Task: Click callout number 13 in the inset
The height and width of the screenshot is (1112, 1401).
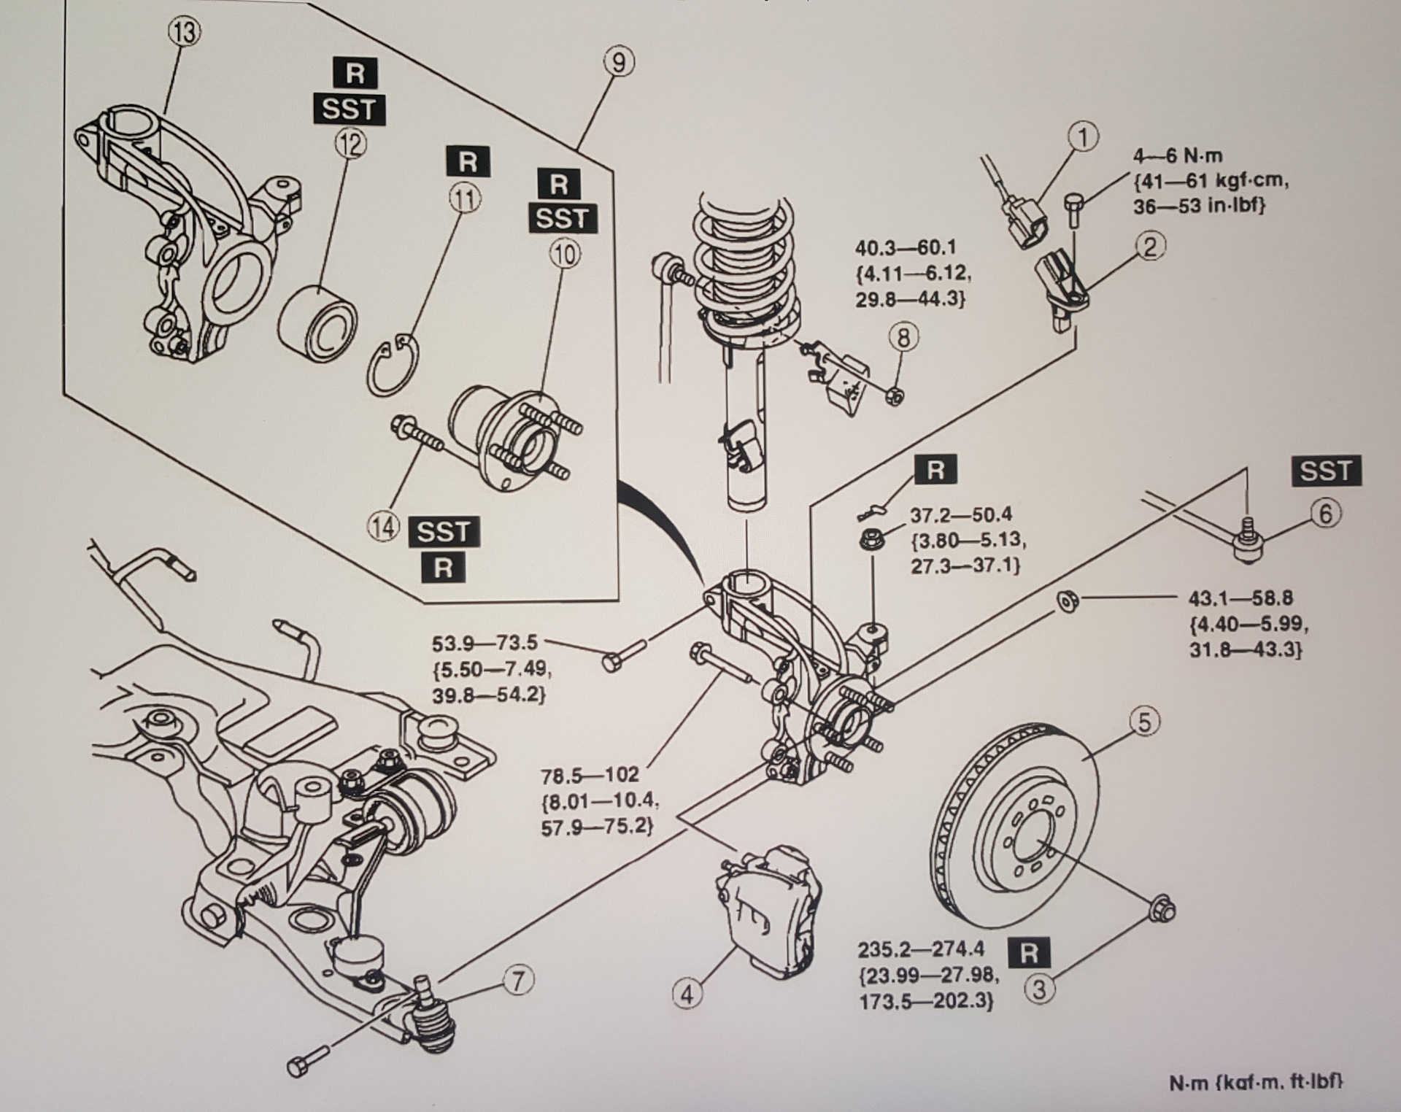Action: (x=185, y=34)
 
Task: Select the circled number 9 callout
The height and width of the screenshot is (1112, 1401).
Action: (x=618, y=63)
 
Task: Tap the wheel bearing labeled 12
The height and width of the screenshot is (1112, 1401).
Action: (x=319, y=324)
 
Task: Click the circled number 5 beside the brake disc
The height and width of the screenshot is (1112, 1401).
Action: (x=1144, y=722)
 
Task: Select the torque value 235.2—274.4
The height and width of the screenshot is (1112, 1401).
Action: (x=921, y=949)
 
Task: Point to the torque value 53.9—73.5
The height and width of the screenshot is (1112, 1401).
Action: (x=485, y=643)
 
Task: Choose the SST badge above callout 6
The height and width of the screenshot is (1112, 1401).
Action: (x=1326, y=471)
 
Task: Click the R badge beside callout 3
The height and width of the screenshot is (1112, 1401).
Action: (x=1029, y=953)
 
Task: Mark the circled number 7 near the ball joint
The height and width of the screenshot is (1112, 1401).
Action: (x=517, y=981)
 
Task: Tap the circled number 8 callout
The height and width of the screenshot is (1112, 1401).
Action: (x=903, y=338)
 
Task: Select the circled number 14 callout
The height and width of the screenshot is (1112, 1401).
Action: (x=384, y=527)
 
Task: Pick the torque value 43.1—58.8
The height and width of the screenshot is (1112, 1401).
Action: (x=1240, y=598)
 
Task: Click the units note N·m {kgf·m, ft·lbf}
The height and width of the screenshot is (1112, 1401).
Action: (x=1255, y=1082)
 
